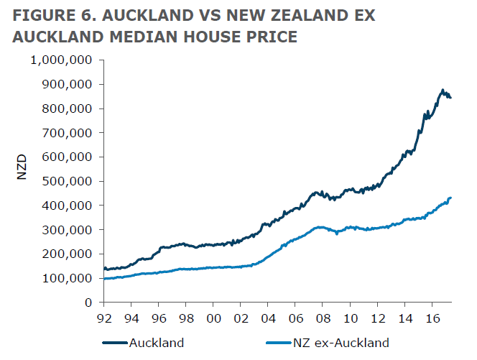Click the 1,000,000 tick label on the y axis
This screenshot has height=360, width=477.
pyautogui.click(x=60, y=60)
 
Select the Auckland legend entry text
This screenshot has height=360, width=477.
pyautogui.click(x=156, y=343)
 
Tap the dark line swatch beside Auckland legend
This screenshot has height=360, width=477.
pyautogui.click(x=115, y=343)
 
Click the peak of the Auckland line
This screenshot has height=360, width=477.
pyautogui.click(x=443, y=90)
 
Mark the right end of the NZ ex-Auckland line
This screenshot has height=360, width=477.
pyautogui.click(x=450, y=198)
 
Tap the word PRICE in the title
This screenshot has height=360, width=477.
pyautogui.click(x=272, y=37)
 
